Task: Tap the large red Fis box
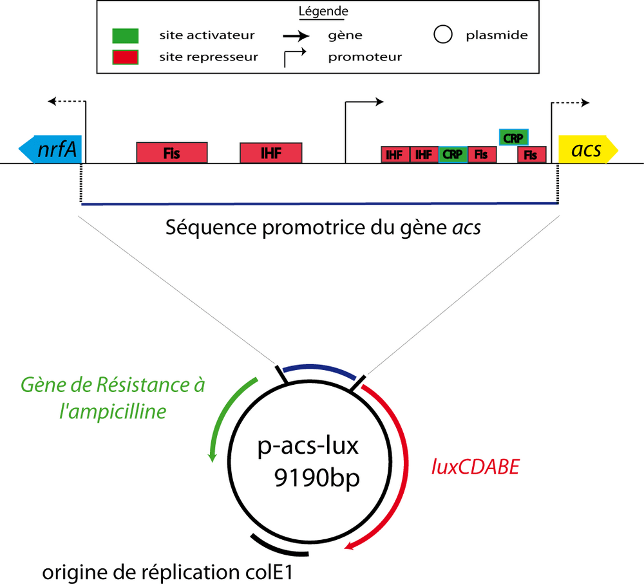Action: (x=172, y=153)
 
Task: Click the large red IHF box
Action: (x=271, y=153)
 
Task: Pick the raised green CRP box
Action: (x=514, y=136)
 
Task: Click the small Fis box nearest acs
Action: (x=531, y=154)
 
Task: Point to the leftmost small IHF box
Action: (x=395, y=154)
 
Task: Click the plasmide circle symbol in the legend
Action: (x=442, y=35)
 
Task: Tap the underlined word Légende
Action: (x=323, y=12)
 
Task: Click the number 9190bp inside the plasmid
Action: (x=314, y=479)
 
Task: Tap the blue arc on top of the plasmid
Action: (x=319, y=370)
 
